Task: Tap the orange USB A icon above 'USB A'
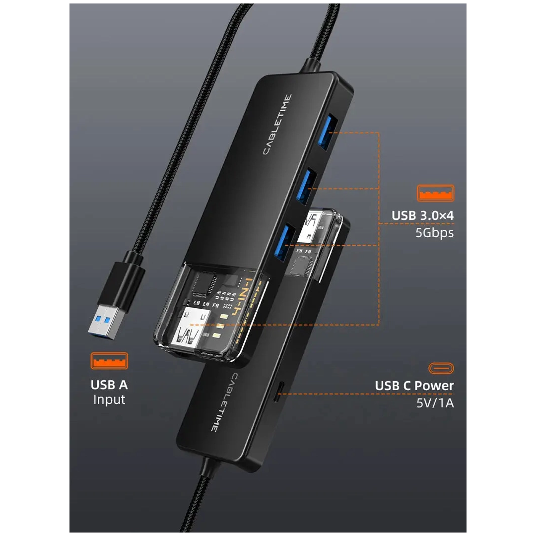click(x=109, y=361)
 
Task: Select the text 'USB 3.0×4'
click(x=422, y=215)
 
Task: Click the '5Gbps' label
click(x=435, y=232)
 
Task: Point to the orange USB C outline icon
click(x=441, y=368)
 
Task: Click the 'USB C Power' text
click(x=414, y=386)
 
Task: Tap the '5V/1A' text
click(x=435, y=402)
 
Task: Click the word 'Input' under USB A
click(x=109, y=400)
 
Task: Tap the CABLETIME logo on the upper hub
click(x=277, y=125)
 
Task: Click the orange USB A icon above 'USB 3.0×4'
click(x=435, y=193)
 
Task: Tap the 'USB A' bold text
click(x=109, y=385)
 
